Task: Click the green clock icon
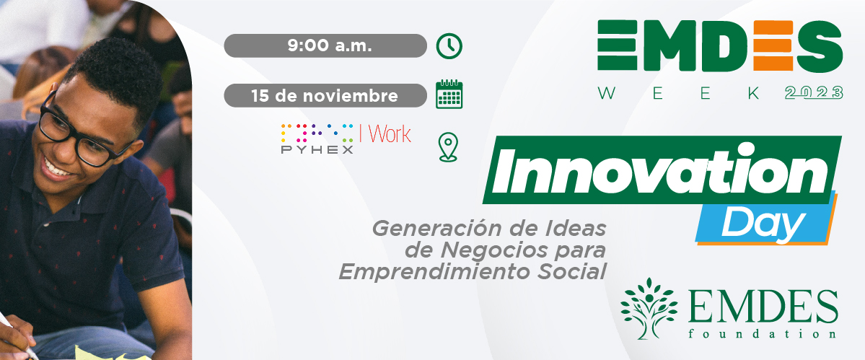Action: [x=449, y=45]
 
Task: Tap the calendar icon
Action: [x=449, y=95]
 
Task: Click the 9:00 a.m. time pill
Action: [x=325, y=45]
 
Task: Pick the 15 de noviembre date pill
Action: [x=325, y=95]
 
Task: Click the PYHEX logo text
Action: [x=317, y=149]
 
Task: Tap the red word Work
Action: [x=390, y=134]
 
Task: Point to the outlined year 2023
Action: [x=814, y=92]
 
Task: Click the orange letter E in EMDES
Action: [x=773, y=45]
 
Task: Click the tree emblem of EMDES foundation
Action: [x=648, y=307]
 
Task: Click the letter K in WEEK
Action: [x=754, y=93]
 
